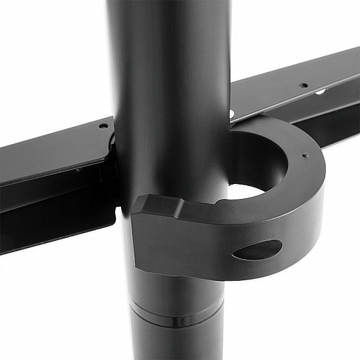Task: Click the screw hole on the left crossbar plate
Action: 103,126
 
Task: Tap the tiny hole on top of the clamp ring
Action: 303,155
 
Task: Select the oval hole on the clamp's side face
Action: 257,249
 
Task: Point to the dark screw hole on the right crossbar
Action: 304,84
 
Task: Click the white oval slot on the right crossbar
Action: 321,92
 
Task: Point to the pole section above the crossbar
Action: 170,52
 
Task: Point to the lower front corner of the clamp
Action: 141,262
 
